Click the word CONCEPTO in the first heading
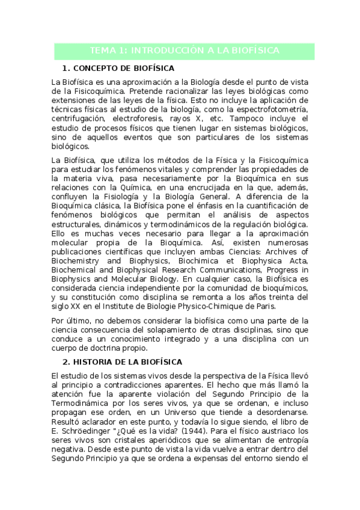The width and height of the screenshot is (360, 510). click(x=98, y=69)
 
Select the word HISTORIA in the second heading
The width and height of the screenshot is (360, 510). click(x=97, y=362)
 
